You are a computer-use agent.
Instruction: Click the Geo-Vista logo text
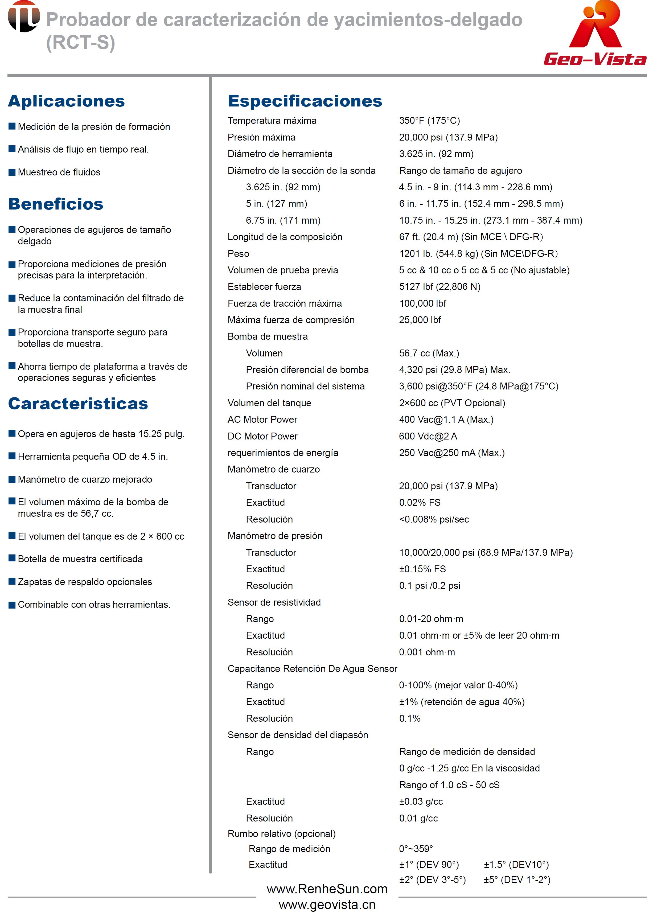[595, 59]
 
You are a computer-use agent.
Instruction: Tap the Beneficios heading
[56, 204]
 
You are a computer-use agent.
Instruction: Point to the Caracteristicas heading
[78, 404]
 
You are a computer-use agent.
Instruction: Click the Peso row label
[238, 254]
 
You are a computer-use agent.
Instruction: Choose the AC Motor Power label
[262, 420]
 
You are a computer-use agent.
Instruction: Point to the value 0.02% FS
[420, 503]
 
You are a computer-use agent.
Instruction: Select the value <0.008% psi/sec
[434, 520]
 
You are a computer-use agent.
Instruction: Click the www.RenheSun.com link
[327, 889]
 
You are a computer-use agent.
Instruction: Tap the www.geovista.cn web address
[327, 905]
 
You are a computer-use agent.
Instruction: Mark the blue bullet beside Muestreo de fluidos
[12, 172]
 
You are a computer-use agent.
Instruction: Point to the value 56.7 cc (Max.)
[429, 353]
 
